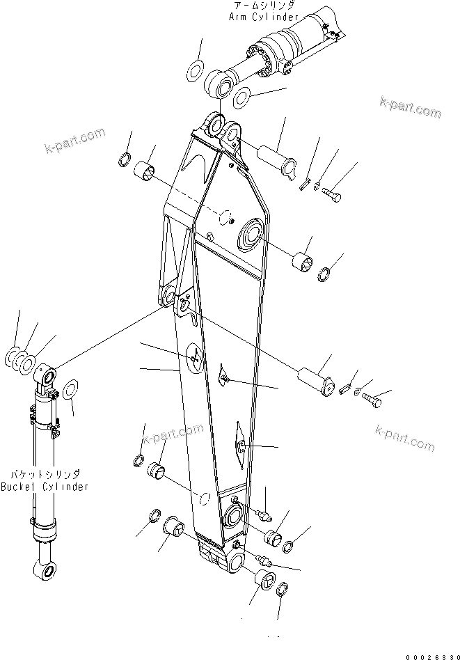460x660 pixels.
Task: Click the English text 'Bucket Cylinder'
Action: point(45,487)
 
